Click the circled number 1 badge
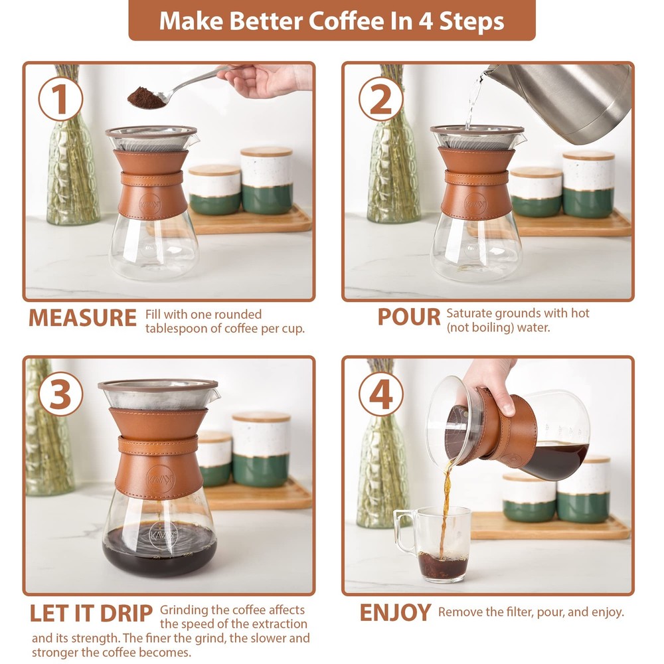coord(60,100)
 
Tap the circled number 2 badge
coord(380,100)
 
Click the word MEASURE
coord(82,318)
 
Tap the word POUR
coord(409,317)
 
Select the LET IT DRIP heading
coord(91,613)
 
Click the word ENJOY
coord(396,612)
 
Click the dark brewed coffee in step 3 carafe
coord(159,548)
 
